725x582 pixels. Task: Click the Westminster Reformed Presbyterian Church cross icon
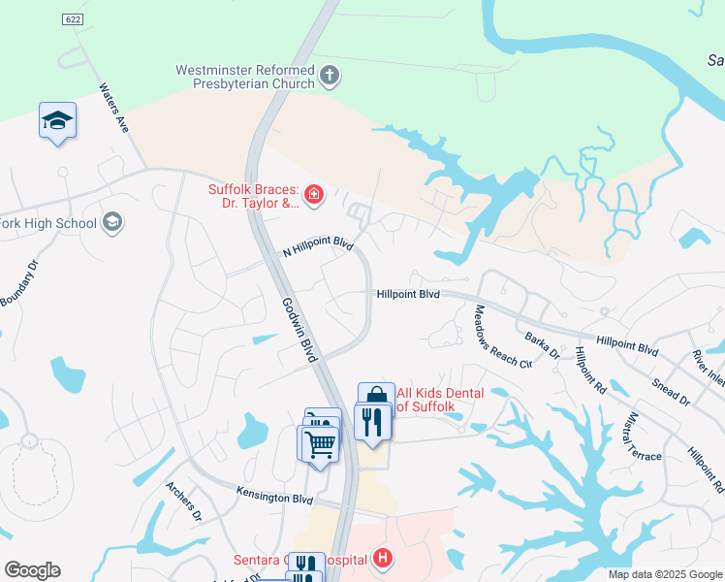click(x=330, y=75)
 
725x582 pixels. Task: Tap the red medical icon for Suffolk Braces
click(x=313, y=196)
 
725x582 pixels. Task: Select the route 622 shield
click(x=71, y=19)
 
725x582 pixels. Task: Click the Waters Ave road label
click(x=114, y=107)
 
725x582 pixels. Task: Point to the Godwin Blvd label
click(x=299, y=331)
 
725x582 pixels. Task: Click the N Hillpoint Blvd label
click(x=317, y=249)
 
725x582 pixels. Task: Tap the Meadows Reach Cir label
click(x=502, y=337)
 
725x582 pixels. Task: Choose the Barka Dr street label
click(x=543, y=345)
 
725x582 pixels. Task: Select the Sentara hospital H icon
click(x=384, y=559)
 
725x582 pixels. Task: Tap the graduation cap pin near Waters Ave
click(x=57, y=120)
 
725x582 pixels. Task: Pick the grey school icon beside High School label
click(x=112, y=223)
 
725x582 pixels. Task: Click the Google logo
click(x=32, y=570)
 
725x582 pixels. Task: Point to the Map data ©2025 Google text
click(x=664, y=574)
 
